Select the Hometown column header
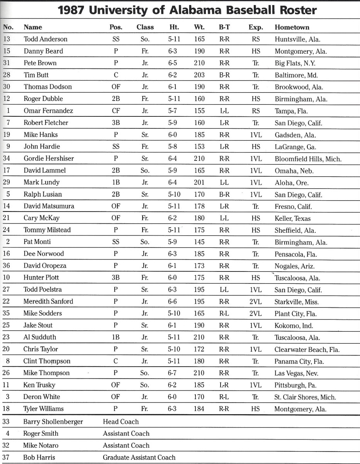(292, 27)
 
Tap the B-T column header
(224, 27)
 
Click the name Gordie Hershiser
(49, 158)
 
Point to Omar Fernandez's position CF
(116, 111)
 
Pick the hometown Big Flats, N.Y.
(295, 63)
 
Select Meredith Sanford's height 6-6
(172, 301)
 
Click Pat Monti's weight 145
(199, 242)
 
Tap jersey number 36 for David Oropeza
(7, 266)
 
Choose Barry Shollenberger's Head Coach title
(121, 421)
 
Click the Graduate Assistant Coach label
(139, 457)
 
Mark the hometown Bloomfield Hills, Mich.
(308, 159)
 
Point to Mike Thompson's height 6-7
(172, 373)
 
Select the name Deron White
(42, 397)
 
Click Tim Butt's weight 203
(199, 75)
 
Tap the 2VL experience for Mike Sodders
(255, 313)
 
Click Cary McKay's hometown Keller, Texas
(292, 218)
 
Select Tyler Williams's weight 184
(199, 409)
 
